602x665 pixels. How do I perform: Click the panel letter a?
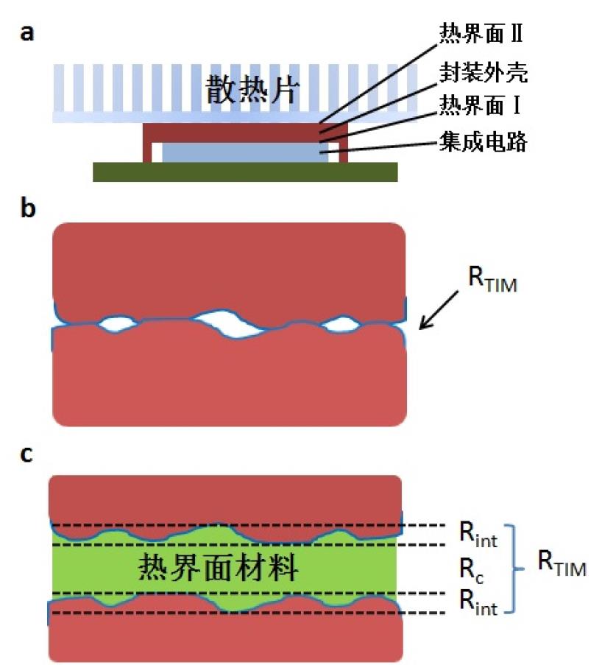point(27,34)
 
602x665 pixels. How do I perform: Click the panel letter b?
point(27,208)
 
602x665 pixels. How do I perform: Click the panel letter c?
point(26,454)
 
